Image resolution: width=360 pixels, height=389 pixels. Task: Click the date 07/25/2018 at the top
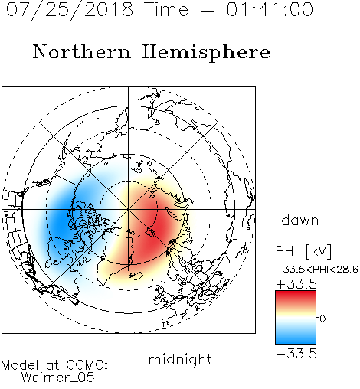[x=70, y=10]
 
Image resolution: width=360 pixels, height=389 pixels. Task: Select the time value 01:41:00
[x=270, y=9]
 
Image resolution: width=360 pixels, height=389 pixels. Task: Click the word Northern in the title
[x=82, y=52]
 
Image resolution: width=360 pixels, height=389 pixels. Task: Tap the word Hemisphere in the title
[x=206, y=52]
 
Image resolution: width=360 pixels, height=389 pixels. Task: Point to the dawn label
[x=300, y=220]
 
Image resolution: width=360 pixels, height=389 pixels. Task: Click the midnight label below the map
[x=180, y=360]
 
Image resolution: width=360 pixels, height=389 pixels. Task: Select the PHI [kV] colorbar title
[x=303, y=251]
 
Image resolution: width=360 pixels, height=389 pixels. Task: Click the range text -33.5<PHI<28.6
[x=317, y=270]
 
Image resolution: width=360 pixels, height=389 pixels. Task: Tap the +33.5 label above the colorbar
[x=296, y=284]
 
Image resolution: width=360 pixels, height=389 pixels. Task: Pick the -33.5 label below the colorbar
[x=296, y=354]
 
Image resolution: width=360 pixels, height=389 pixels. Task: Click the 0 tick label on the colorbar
[x=322, y=319]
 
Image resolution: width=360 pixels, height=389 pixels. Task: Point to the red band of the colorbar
[x=296, y=297]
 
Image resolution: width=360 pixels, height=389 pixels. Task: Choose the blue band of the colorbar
[x=296, y=338]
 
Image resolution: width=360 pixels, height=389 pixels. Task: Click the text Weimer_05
[x=58, y=378]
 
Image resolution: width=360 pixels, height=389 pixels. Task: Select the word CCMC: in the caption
[x=87, y=365]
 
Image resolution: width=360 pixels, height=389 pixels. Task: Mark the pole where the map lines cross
[x=129, y=209]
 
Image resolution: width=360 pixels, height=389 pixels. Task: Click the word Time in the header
[x=166, y=9]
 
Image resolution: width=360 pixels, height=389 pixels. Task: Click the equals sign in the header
[x=208, y=10]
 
